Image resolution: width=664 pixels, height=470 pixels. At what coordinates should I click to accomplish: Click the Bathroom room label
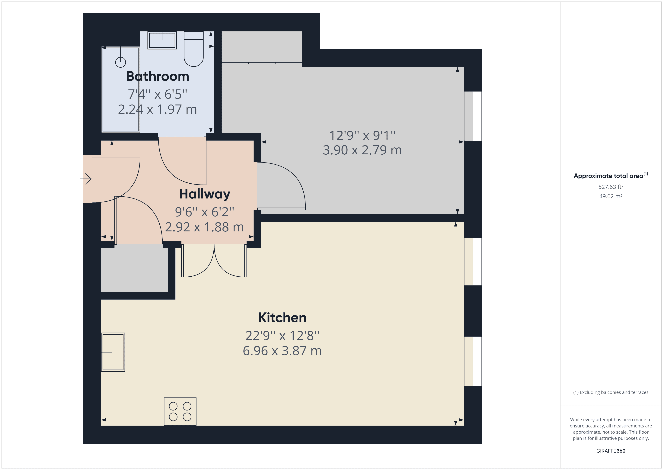pyautogui.click(x=158, y=76)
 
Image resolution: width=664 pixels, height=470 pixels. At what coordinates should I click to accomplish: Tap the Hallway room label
pyautogui.click(x=204, y=194)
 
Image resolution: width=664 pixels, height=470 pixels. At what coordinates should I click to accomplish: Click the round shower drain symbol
pyautogui.click(x=121, y=62)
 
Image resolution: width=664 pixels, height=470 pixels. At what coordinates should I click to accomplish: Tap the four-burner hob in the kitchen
pyautogui.click(x=180, y=411)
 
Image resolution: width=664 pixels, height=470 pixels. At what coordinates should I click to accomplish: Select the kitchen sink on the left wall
pyautogui.click(x=113, y=352)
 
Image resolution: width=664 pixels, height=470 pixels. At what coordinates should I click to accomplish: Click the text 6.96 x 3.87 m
pyautogui.click(x=282, y=351)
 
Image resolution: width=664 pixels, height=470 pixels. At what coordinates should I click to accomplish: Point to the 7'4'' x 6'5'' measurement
pyautogui.click(x=158, y=94)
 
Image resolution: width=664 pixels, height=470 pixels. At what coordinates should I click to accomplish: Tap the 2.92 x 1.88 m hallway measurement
pyautogui.click(x=204, y=227)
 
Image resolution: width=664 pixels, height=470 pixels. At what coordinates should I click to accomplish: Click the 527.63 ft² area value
pyautogui.click(x=611, y=187)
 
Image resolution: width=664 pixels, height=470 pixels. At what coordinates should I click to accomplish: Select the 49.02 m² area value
pyautogui.click(x=611, y=196)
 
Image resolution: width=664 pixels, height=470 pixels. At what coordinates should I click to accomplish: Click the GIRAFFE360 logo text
pyautogui.click(x=611, y=451)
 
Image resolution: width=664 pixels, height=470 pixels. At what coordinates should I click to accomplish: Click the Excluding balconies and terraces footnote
pyautogui.click(x=611, y=392)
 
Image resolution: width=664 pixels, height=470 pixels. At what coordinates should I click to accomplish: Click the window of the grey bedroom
pyautogui.click(x=473, y=116)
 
